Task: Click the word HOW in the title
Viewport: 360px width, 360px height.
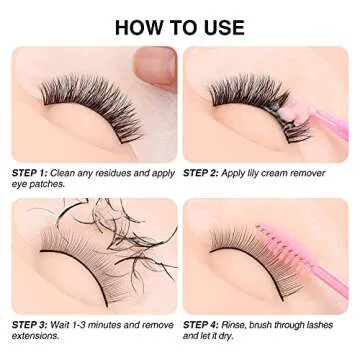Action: click(x=140, y=26)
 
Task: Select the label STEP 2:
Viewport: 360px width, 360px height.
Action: click(x=204, y=172)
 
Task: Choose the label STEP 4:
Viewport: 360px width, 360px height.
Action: click(x=204, y=325)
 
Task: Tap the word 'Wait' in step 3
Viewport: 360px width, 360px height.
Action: click(x=68, y=325)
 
